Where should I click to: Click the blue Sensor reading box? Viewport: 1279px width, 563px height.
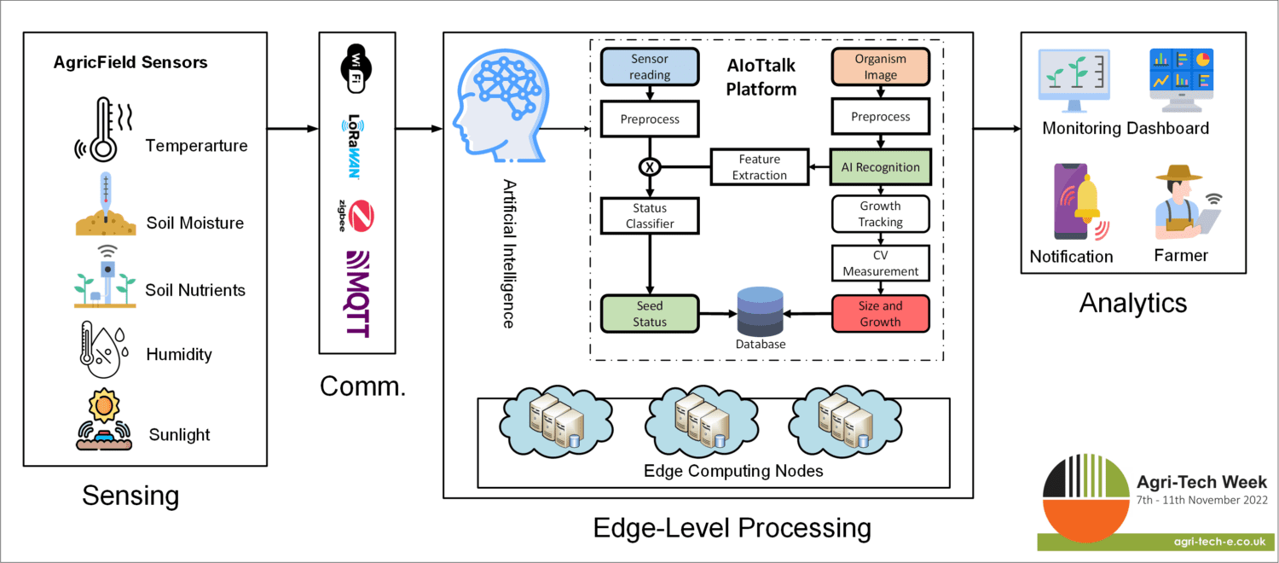pos(650,67)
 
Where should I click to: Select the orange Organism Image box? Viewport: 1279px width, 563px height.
pos(880,67)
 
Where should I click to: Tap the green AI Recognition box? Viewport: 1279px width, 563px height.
pos(880,167)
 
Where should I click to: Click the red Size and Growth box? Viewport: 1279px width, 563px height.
pos(880,313)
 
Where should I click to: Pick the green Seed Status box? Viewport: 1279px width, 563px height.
pos(650,313)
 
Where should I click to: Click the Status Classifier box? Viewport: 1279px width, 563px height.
pos(650,216)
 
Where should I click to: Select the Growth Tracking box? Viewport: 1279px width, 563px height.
pos(880,214)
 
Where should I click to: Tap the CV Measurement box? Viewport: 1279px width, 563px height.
pos(880,263)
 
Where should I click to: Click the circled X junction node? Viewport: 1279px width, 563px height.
pos(650,167)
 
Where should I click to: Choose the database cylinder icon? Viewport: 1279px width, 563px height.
pos(761,312)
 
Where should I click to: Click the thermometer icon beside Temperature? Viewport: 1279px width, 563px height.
pos(104,128)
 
